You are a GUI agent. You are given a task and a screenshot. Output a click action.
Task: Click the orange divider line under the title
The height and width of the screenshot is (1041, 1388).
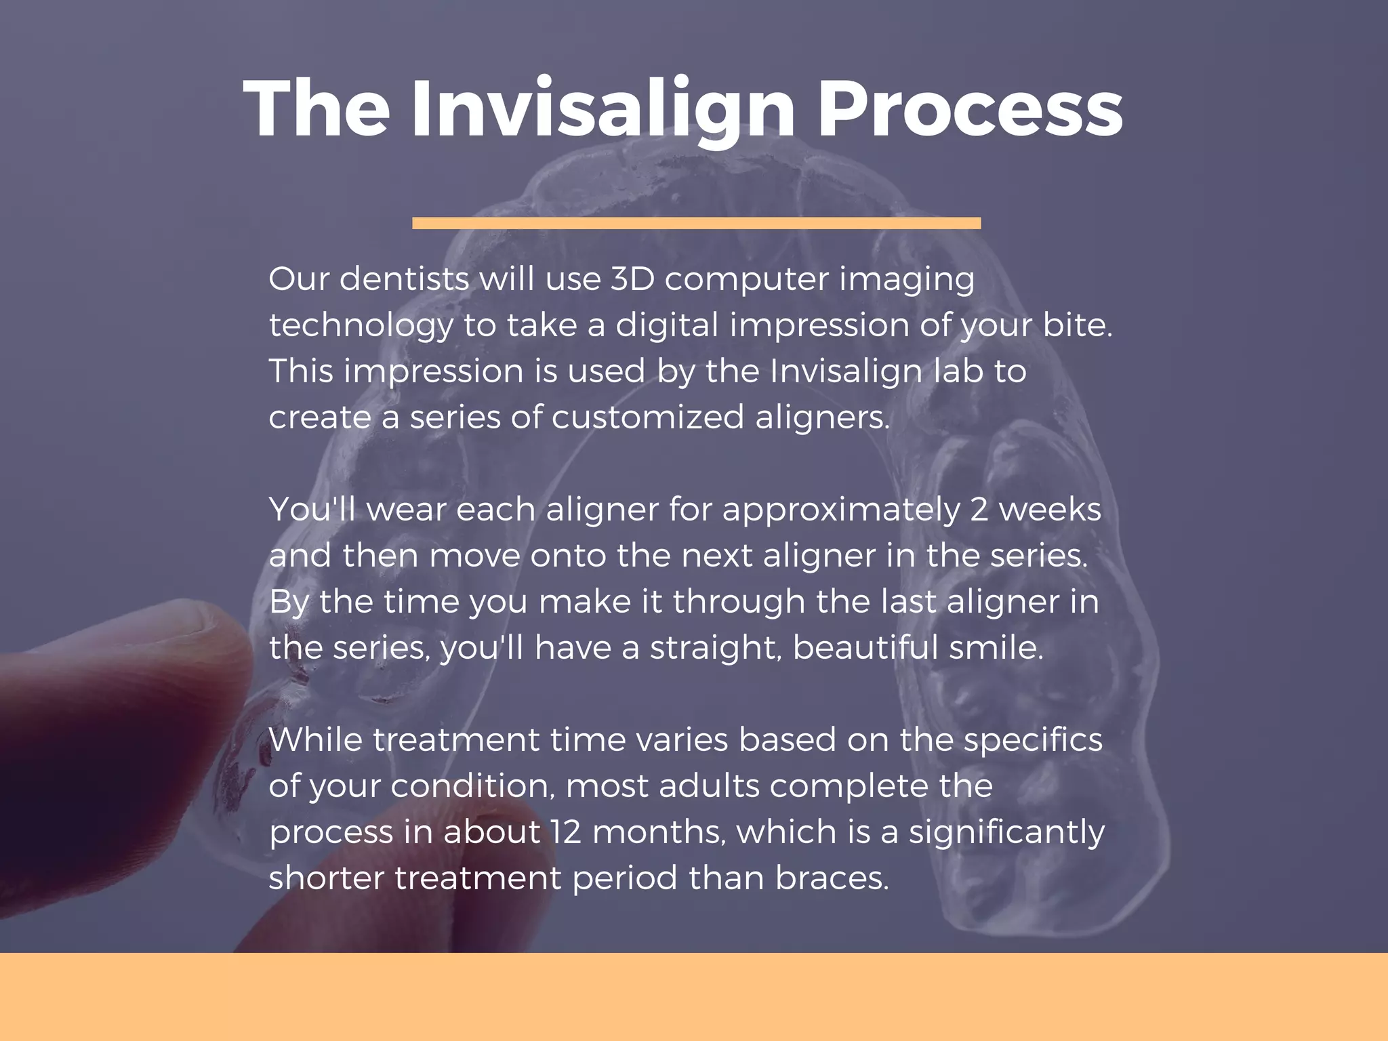click(x=696, y=223)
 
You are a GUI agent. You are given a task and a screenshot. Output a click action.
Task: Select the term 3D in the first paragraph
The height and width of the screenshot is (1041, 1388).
click(x=632, y=279)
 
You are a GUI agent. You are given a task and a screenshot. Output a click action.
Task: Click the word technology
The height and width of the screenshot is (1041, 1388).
click(x=361, y=326)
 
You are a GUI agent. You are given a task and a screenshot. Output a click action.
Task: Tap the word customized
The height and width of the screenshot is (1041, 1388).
click(x=647, y=417)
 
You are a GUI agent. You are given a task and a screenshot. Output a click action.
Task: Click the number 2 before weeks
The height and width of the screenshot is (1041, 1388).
click(x=979, y=510)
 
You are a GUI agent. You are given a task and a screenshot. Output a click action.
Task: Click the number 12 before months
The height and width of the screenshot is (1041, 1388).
click(x=566, y=832)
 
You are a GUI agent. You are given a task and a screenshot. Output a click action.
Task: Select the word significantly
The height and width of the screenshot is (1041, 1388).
click(x=1006, y=833)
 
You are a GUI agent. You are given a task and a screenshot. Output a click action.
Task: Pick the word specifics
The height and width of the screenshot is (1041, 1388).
click(x=1033, y=741)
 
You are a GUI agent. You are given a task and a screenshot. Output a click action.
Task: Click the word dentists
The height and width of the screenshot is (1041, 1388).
click(x=404, y=279)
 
